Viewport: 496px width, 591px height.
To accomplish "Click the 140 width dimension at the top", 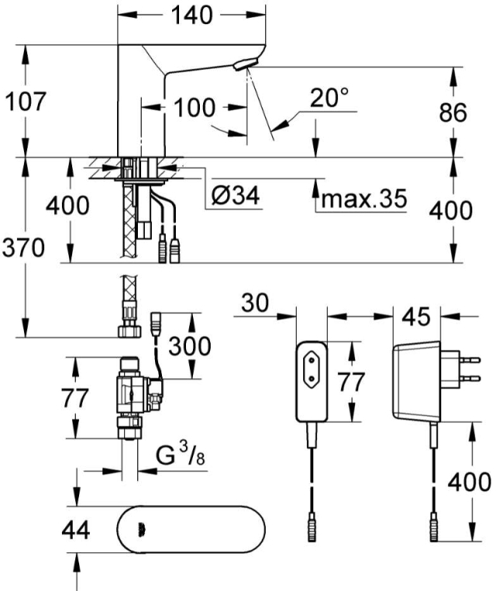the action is click(x=191, y=15).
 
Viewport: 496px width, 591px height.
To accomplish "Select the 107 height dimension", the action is click(x=26, y=101).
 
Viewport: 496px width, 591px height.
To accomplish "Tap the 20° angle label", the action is click(x=329, y=98).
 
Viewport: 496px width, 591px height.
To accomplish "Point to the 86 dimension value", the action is click(x=453, y=112).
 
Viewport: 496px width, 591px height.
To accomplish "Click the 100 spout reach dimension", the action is click(x=195, y=108).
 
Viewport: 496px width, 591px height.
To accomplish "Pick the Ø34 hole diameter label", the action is click(x=236, y=195).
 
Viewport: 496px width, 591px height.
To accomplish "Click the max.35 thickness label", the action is click(x=364, y=199).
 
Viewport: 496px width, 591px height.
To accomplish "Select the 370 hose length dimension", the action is click(x=23, y=247).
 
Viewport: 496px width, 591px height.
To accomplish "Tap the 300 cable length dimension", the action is click(x=190, y=346).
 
